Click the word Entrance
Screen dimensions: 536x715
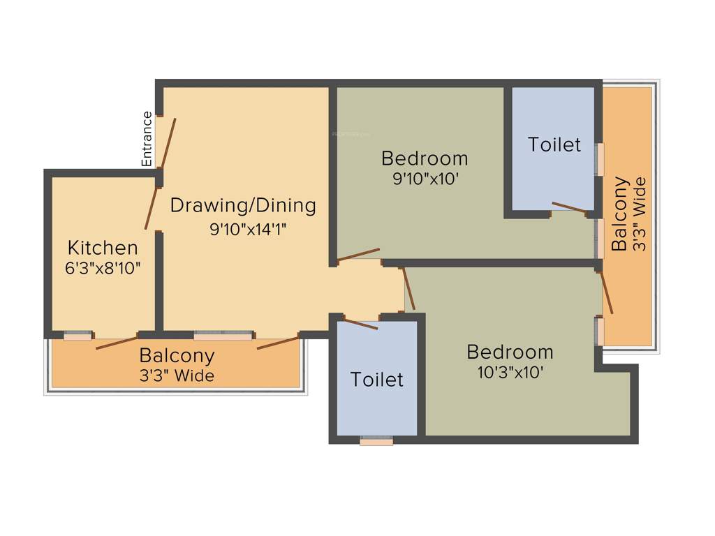tap(147, 139)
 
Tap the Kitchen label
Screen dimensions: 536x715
tap(103, 248)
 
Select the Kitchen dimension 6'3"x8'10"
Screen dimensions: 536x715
tap(103, 267)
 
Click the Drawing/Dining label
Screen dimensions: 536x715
tap(243, 206)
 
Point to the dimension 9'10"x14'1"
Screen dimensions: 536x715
tap(249, 228)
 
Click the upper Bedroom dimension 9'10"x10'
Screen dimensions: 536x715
tap(425, 178)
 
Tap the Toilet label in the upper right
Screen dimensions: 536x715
tap(554, 144)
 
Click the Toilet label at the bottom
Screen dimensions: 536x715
tap(377, 380)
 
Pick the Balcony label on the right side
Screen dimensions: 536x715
tap(620, 214)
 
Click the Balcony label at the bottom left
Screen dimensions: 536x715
tap(177, 355)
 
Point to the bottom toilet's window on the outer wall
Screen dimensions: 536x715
tap(376, 441)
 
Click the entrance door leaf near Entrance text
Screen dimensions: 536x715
tap(168, 143)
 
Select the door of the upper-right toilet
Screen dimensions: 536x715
tap(569, 207)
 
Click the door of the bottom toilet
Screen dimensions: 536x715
tap(361, 325)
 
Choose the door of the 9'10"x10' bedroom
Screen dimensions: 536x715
tap(359, 255)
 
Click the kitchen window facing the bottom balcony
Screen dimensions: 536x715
tap(78, 336)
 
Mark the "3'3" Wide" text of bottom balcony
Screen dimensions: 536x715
tap(177, 376)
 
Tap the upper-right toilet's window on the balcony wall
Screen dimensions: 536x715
tap(598, 159)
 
